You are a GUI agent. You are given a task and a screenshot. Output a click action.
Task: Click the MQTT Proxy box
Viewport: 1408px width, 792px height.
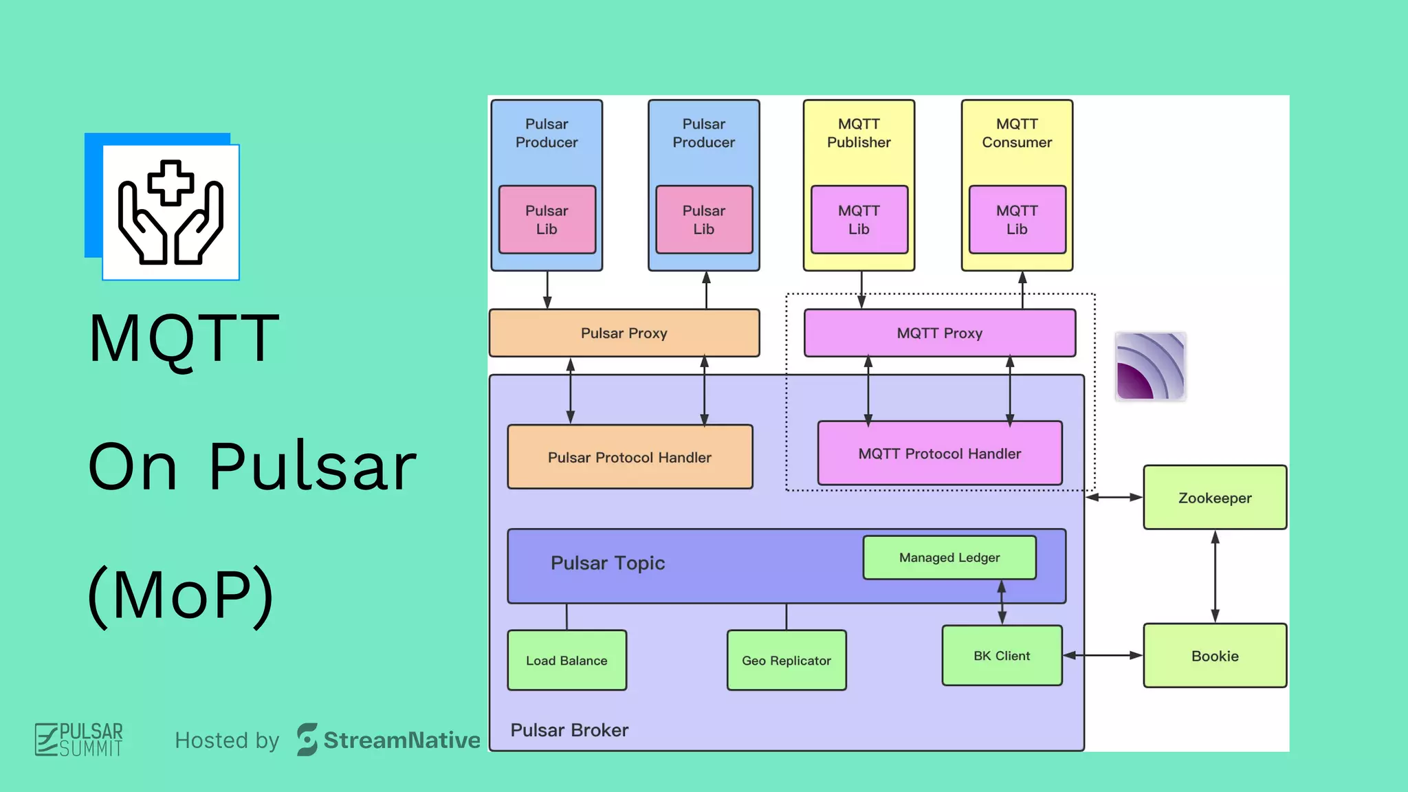click(x=939, y=333)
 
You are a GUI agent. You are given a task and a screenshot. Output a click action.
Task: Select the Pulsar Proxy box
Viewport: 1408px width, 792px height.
click(x=624, y=333)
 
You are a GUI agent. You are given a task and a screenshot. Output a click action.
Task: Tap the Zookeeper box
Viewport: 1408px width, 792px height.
click(x=1215, y=498)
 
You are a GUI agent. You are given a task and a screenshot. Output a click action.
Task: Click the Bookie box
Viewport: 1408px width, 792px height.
click(x=1215, y=656)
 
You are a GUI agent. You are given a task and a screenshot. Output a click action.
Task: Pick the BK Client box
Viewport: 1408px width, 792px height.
click(x=1002, y=656)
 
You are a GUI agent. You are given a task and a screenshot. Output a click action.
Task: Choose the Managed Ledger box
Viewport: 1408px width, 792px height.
click(x=949, y=558)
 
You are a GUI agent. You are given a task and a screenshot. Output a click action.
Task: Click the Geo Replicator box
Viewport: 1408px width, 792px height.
click(x=786, y=661)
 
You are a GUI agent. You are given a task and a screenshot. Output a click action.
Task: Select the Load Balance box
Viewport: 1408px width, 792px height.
click(x=566, y=661)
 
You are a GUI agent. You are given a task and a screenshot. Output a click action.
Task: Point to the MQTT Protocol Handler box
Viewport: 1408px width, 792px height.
click(x=939, y=454)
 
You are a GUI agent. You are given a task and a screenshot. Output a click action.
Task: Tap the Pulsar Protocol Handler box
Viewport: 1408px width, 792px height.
click(x=630, y=457)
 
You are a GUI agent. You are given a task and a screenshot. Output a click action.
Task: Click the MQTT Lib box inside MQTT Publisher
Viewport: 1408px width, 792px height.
click(x=859, y=220)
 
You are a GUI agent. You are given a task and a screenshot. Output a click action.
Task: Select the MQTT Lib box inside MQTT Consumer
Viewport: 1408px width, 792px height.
click(x=1017, y=220)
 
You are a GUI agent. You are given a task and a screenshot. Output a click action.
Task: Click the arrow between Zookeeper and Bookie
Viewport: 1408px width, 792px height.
click(x=1215, y=576)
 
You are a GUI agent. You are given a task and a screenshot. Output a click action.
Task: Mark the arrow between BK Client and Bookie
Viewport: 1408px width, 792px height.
click(x=1103, y=656)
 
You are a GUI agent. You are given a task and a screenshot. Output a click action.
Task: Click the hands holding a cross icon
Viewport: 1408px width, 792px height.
click(x=170, y=212)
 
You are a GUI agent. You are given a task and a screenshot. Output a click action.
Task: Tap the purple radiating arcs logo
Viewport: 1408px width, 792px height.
click(x=1150, y=366)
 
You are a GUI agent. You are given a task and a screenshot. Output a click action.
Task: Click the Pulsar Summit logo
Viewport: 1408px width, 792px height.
click(x=79, y=740)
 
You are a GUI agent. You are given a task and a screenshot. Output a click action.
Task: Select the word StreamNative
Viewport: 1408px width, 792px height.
click(x=401, y=740)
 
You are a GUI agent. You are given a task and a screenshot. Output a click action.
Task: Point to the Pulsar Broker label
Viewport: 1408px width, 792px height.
click(x=569, y=730)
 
